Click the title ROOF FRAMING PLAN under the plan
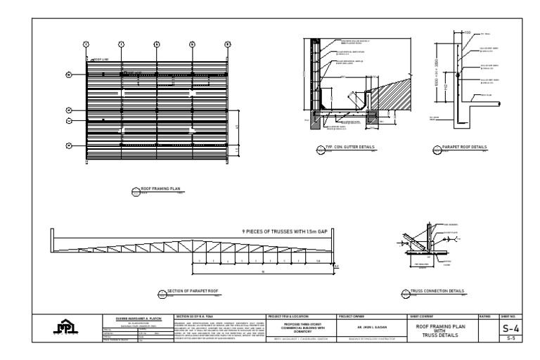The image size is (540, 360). pos(161,188)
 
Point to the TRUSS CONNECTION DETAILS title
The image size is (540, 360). pos(439,290)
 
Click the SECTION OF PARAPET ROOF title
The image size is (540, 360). pos(191,290)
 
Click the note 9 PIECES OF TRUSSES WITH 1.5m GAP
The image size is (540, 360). pos(285,231)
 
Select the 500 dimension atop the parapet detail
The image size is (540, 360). pos(467,32)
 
